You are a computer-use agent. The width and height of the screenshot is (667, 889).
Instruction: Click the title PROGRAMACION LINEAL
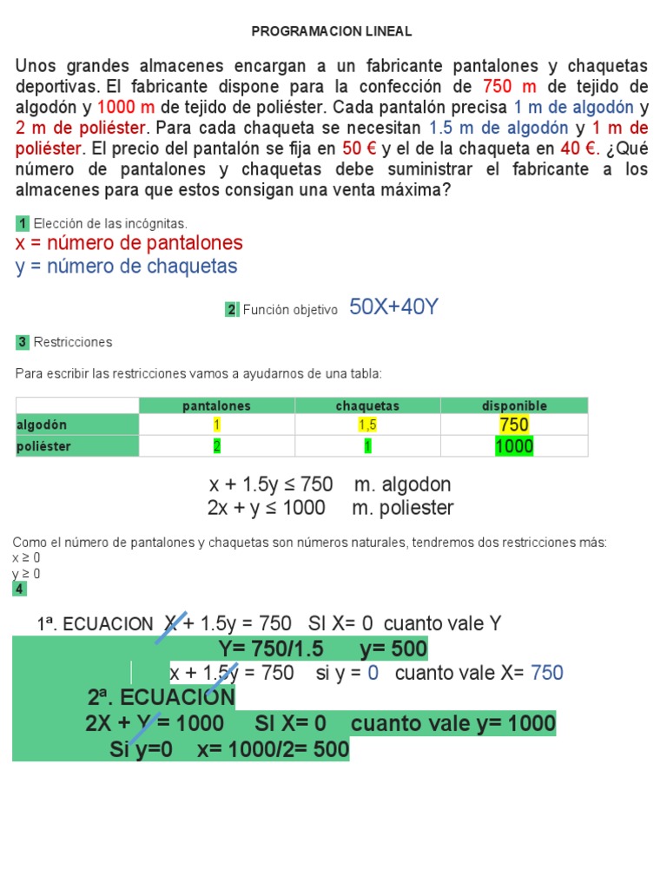332,31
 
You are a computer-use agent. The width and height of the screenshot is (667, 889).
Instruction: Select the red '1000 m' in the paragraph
126,107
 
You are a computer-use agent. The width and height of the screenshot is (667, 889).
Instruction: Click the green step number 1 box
23,224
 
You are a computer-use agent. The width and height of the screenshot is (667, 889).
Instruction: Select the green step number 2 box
232,310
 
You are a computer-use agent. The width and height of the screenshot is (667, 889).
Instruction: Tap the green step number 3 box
23,342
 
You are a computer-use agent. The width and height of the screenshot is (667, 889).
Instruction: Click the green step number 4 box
20,589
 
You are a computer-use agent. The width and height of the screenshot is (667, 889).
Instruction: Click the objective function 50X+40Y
393,306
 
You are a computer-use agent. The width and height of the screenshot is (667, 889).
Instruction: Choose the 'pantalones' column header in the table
216,405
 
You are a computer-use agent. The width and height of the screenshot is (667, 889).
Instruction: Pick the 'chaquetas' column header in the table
367,405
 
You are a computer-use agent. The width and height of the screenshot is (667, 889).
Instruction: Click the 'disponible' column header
514,405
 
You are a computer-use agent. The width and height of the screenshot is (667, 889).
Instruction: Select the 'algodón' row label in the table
42,425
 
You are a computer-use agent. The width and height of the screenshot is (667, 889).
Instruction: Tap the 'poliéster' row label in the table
43,446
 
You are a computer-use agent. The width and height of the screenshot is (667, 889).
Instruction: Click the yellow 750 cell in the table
514,425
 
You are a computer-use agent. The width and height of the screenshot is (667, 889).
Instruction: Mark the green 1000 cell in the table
514,446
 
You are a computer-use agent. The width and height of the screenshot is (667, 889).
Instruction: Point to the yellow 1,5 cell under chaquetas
367,425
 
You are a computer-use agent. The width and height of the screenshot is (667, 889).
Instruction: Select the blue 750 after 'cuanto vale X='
546,673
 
